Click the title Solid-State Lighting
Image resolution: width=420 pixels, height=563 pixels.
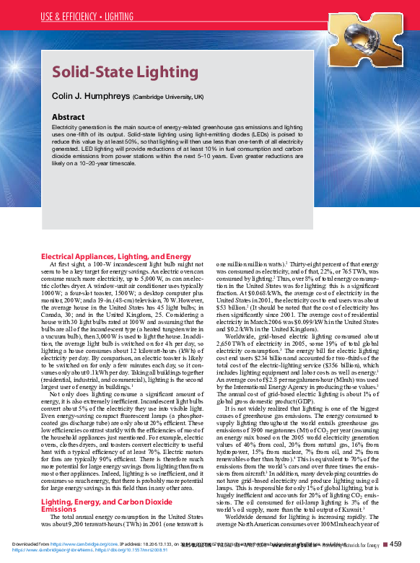125,72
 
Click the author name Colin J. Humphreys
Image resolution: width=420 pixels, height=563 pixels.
91,96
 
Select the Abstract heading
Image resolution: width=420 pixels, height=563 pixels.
72,115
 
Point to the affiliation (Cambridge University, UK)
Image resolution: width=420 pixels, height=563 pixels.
168,97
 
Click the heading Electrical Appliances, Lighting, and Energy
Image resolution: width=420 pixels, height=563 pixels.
115,256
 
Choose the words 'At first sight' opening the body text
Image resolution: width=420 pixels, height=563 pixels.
63,265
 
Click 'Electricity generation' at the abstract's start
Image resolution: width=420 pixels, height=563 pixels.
77,126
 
